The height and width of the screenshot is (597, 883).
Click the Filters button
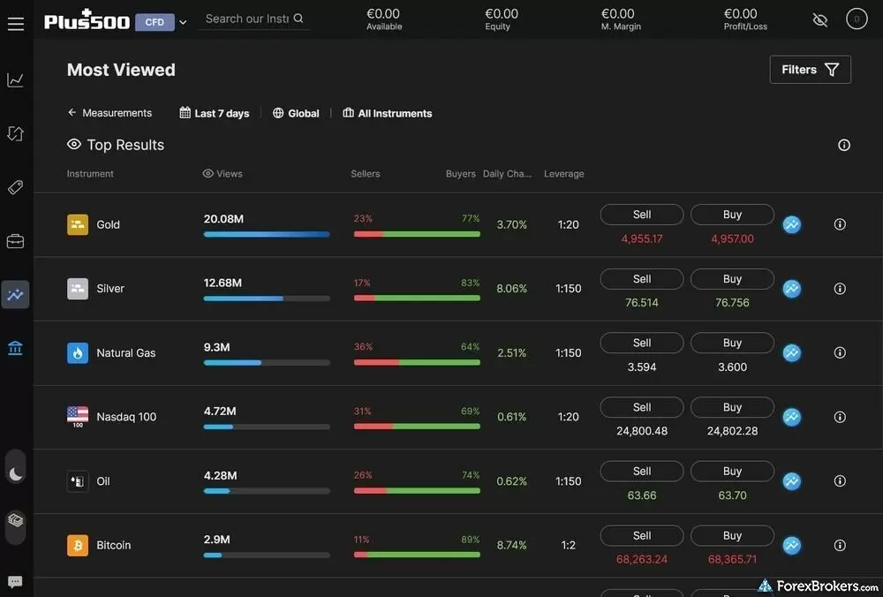pyautogui.click(x=810, y=70)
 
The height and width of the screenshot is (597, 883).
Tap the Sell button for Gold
pyautogui.click(x=642, y=215)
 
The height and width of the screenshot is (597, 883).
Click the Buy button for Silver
pyautogui.click(x=732, y=279)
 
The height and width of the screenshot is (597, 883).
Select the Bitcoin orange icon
pyautogui.click(x=78, y=545)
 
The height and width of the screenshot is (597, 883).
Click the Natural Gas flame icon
pyautogui.click(x=78, y=352)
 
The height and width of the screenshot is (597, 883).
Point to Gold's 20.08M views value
pyautogui.click(x=223, y=218)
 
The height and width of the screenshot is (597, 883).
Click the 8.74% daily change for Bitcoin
pyautogui.click(x=512, y=545)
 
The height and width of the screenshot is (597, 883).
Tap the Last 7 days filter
pyautogui.click(x=215, y=113)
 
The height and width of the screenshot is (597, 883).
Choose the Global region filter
pyautogui.click(x=296, y=113)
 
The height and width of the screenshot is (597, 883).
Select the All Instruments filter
pyautogui.click(x=388, y=113)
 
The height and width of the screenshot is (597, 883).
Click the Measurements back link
pyautogui.click(x=109, y=113)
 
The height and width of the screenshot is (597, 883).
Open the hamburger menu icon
pyautogui.click(x=16, y=23)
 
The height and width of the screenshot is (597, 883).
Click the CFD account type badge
pyautogui.click(x=155, y=22)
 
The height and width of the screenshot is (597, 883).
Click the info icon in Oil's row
pyautogui.click(x=840, y=481)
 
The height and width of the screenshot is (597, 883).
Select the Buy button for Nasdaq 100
pyautogui.click(x=732, y=407)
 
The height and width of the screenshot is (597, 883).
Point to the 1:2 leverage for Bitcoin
pyautogui.click(x=569, y=545)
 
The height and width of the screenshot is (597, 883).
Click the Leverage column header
pyautogui.click(x=564, y=174)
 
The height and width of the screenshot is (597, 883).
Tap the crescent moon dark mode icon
pyautogui.click(x=16, y=473)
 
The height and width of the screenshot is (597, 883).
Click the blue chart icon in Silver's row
pyautogui.click(x=792, y=289)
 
